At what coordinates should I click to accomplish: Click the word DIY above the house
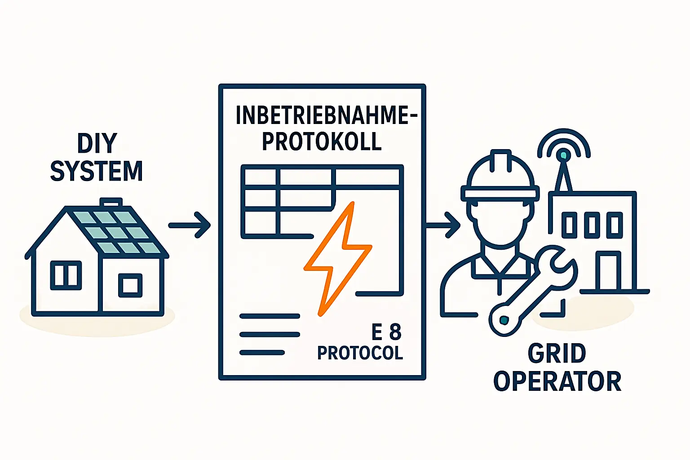[x=97, y=143]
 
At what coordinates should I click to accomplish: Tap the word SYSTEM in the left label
[x=96, y=172]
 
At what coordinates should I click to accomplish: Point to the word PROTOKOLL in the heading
[x=322, y=142]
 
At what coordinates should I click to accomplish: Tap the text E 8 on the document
[x=386, y=333]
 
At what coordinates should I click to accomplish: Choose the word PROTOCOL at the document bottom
[x=360, y=353]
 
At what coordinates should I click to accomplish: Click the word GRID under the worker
[x=557, y=354]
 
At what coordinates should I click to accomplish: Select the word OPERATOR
[x=557, y=381]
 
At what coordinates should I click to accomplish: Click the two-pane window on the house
[x=66, y=275]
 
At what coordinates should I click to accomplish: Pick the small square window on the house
[x=130, y=285]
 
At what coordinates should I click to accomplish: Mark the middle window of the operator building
[x=592, y=225]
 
